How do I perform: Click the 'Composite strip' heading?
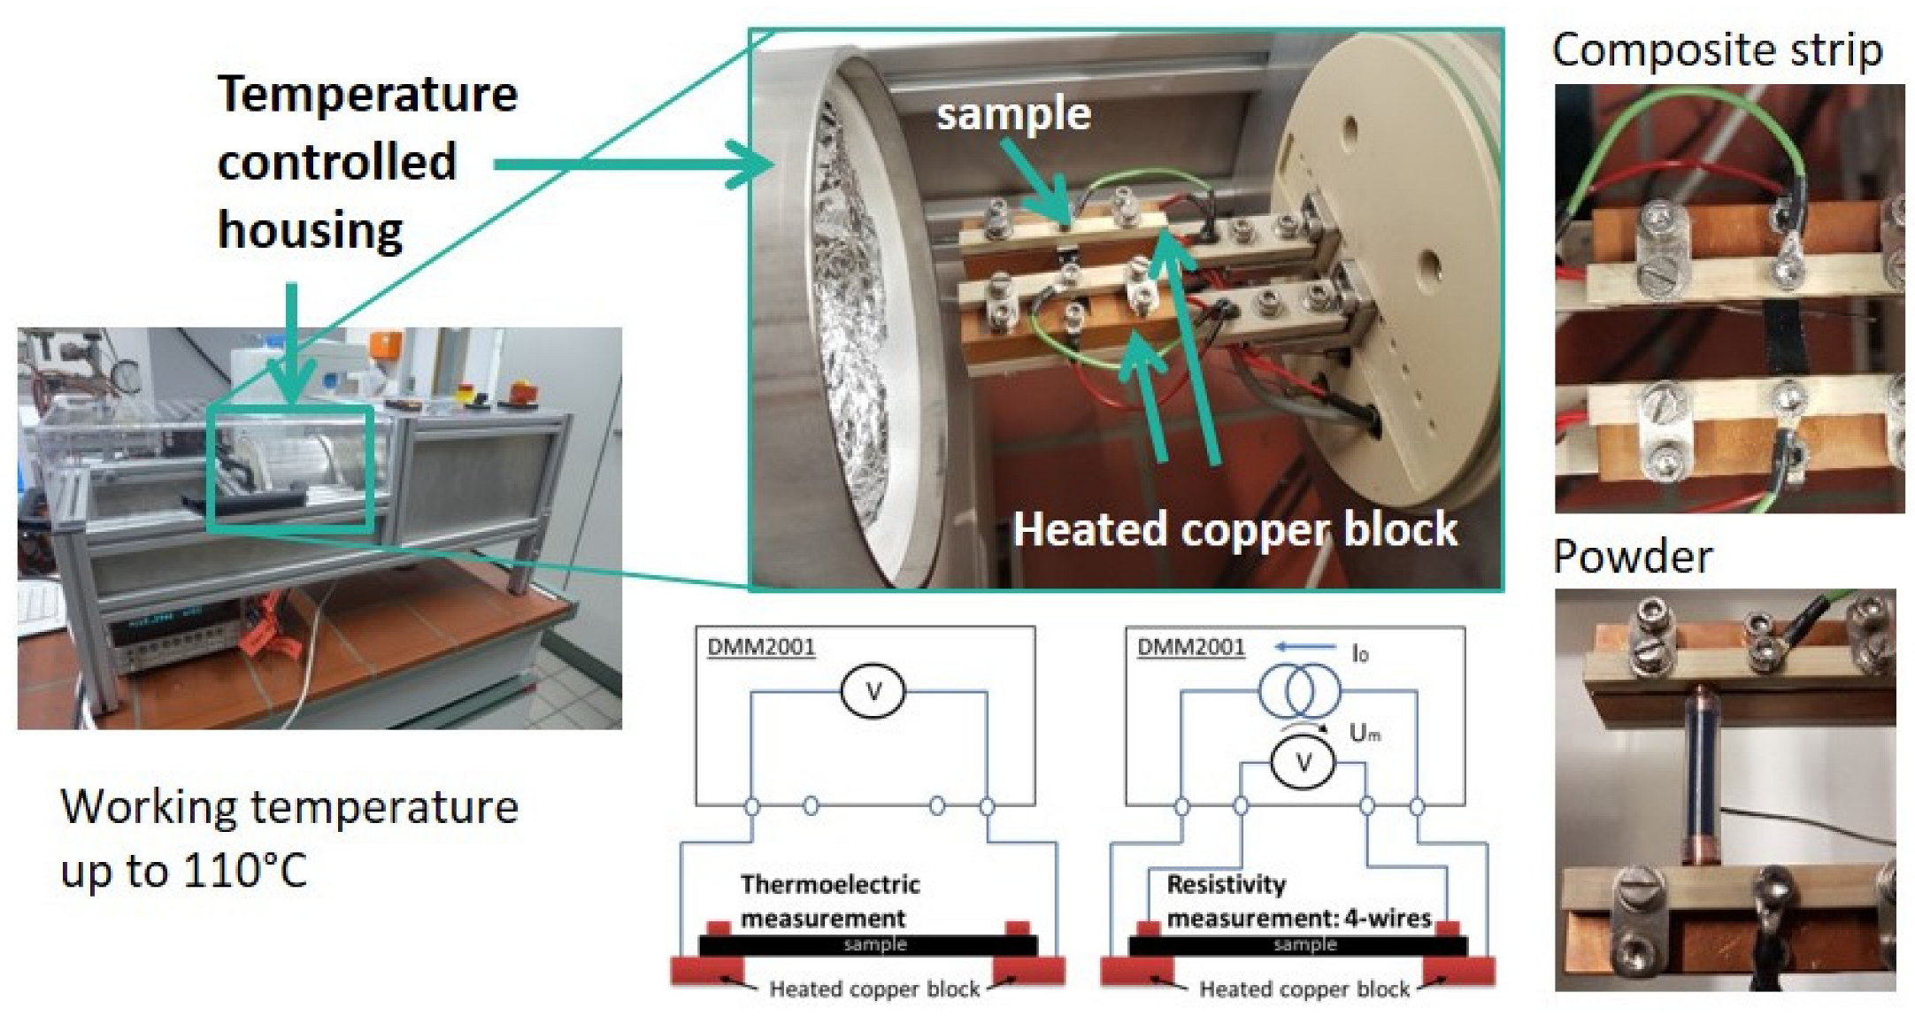click(1717, 50)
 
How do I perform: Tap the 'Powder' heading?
click(1632, 557)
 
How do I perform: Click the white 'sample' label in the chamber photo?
click(1013, 114)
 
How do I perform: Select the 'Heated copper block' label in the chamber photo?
click(1234, 529)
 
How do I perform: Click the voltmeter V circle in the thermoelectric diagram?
click(873, 692)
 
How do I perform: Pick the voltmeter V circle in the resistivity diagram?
click(1303, 762)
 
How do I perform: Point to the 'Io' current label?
click(1360, 654)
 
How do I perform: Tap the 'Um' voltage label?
click(1365, 733)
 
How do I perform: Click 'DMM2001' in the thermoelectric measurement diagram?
click(760, 647)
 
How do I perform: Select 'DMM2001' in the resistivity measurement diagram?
click(1190, 647)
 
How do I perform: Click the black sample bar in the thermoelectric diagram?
click(867, 945)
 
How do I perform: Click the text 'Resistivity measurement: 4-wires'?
click(1297, 901)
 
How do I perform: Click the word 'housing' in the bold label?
click(310, 230)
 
